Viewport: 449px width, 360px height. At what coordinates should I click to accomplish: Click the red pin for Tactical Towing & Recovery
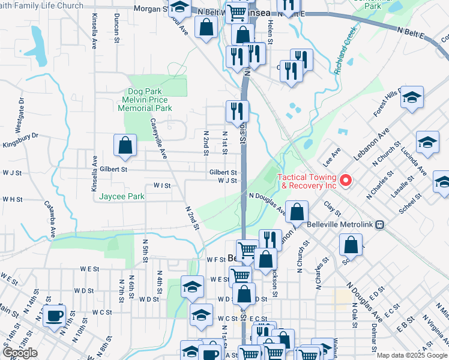coord(345,179)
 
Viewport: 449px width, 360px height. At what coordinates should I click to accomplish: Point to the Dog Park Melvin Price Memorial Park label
coord(145,100)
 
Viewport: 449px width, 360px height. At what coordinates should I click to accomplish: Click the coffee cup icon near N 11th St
coord(54,316)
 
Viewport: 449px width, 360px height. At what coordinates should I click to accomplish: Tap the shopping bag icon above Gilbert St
coord(125,145)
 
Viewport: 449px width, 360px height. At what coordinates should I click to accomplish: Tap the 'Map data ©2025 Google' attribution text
coord(411,355)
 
